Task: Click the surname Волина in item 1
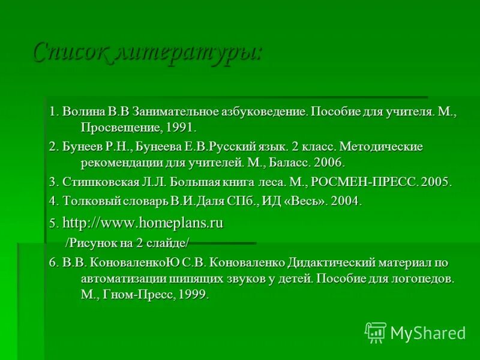83,112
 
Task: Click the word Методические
382,147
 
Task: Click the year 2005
435,182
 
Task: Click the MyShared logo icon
375,332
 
